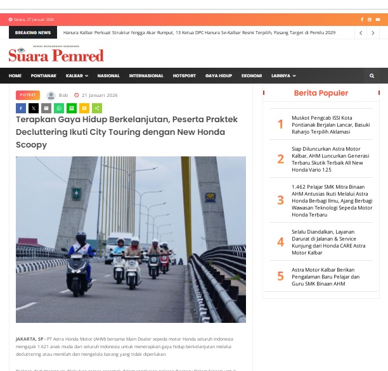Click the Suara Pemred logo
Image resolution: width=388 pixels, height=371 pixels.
(x=56, y=55)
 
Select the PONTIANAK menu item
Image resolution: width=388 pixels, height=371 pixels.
(x=43, y=76)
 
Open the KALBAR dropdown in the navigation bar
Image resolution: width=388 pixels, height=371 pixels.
(x=76, y=76)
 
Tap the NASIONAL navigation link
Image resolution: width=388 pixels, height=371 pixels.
(x=108, y=76)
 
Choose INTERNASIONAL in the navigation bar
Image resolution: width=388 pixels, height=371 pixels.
(x=146, y=76)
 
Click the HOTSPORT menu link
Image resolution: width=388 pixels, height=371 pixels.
(x=184, y=76)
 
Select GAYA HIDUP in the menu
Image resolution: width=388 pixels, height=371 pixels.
(x=219, y=76)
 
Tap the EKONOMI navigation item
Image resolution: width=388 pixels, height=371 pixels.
(x=252, y=76)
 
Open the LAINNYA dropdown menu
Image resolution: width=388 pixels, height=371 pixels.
(x=283, y=76)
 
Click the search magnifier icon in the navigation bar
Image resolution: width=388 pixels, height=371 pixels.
(x=372, y=76)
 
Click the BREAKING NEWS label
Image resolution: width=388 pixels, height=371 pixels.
(x=33, y=32)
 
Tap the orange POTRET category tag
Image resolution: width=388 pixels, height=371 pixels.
(x=27, y=95)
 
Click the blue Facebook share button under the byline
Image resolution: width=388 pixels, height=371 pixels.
(x=21, y=108)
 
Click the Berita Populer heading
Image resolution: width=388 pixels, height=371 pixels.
(x=321, y=93)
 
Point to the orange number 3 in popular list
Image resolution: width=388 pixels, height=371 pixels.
(x=280, y=201)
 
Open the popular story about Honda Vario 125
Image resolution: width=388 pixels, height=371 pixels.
(x=332, y=159)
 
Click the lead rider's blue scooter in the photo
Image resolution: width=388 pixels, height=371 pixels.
(x=79, y=265)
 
